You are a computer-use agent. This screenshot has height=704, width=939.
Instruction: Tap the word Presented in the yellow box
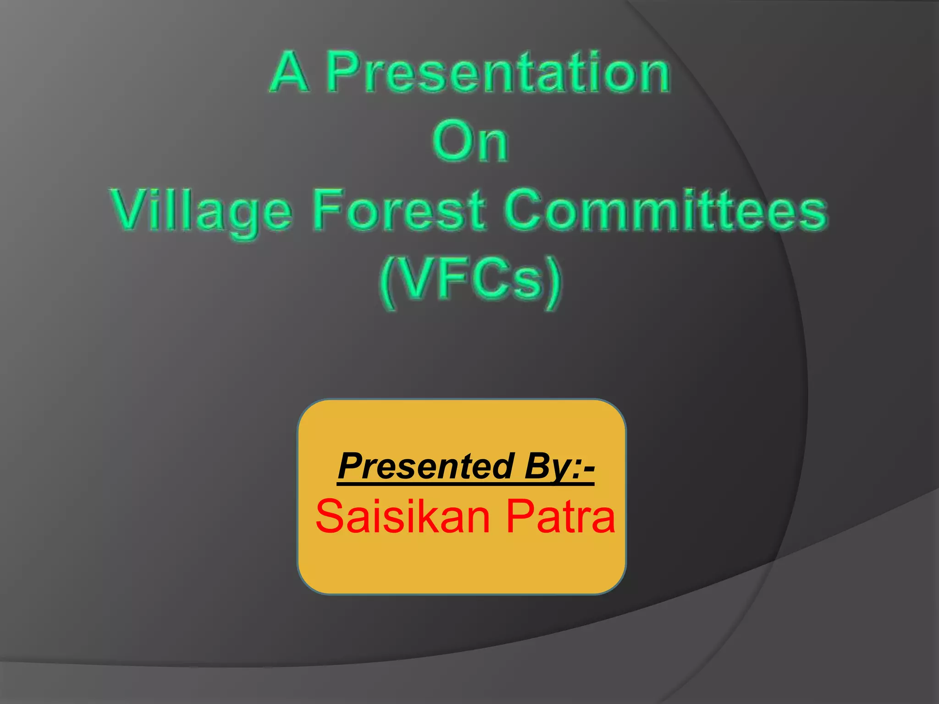coord(426,466)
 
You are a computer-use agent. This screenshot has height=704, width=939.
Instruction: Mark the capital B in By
coord(537,466)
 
